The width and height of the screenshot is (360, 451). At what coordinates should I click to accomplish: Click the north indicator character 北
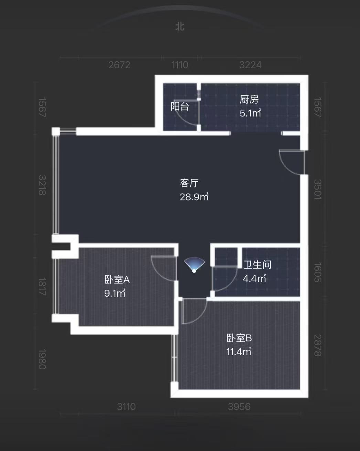pos(180,27)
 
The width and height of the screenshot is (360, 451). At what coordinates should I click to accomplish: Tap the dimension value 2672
pos(119,65)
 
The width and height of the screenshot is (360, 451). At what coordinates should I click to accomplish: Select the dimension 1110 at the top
pos(180,65)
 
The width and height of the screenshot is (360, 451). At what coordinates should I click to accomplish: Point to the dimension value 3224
pos(250,65)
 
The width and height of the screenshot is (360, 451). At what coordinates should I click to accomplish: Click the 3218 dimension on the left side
pos(42,185)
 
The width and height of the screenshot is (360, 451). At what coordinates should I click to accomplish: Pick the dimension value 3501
pos(317,189)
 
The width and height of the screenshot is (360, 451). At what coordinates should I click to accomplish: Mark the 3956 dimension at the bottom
pos(239,407)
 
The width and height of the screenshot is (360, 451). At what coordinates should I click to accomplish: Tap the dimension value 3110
pos(126,407)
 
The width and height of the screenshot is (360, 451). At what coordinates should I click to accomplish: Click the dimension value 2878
pos(317,345)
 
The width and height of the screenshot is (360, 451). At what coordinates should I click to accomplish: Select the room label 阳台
pos(180,106)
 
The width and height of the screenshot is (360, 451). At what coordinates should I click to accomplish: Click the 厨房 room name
pos(249,100)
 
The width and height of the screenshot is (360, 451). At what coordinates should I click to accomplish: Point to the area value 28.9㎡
pos(194,197)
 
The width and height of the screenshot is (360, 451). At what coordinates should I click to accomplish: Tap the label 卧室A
pos(117,279)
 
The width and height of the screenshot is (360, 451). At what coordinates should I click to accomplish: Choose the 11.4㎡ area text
pos(239,352)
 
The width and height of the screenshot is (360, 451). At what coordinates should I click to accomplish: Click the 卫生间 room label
pos(257,265)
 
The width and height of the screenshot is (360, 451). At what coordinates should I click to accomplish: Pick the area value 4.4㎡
pos(254,278)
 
